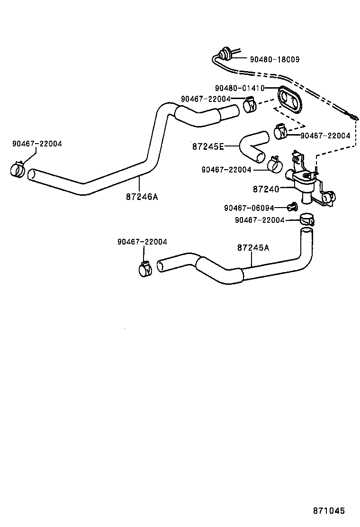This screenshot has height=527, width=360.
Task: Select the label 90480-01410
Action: coord(239,88)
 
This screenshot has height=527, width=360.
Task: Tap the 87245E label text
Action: coord(207,146)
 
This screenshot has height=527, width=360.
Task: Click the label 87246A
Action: coord(142,196)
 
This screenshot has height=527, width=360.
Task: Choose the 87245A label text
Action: coord(253,247)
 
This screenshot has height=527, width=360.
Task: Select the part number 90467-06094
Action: coord(249,208)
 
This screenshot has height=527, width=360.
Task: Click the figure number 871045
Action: coord(328,511)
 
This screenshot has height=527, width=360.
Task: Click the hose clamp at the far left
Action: coord(18,169)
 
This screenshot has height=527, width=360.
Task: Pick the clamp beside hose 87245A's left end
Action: coord(145,269)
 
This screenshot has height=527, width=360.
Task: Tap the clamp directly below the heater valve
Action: coord(307,219)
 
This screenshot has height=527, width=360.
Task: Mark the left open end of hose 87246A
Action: coord(32,175)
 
